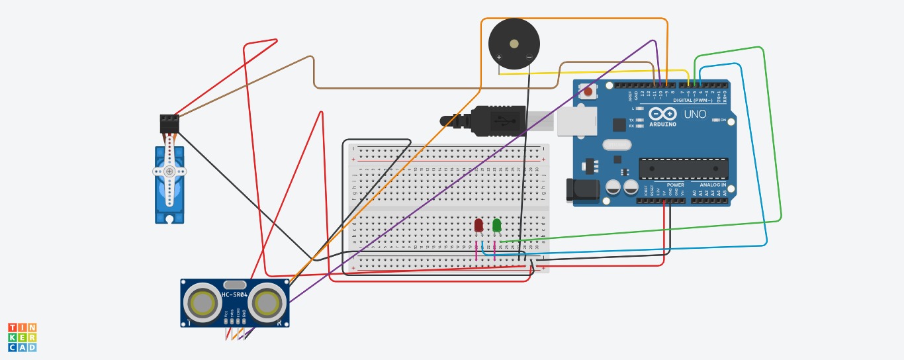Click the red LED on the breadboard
[x=478, y=225]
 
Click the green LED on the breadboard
[x=497, y=226]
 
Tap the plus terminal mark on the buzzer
[x=499, y=58]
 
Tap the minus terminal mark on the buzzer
[x=529, y=58]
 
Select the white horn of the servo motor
[x=169, y=171]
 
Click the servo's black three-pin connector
[x=169, y=123]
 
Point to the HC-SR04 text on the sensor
[x=234, y=295]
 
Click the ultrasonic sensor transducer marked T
[x=202, y=302]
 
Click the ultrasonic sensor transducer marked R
[x=267, y=302]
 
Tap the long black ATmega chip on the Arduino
[x=683, y=169]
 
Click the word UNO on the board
[x=695, y=114]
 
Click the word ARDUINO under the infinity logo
[x=662, y=124]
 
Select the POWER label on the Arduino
[x=675, y=185]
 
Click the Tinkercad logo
[x=22, y=337]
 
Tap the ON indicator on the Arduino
[x=723, y=120]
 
